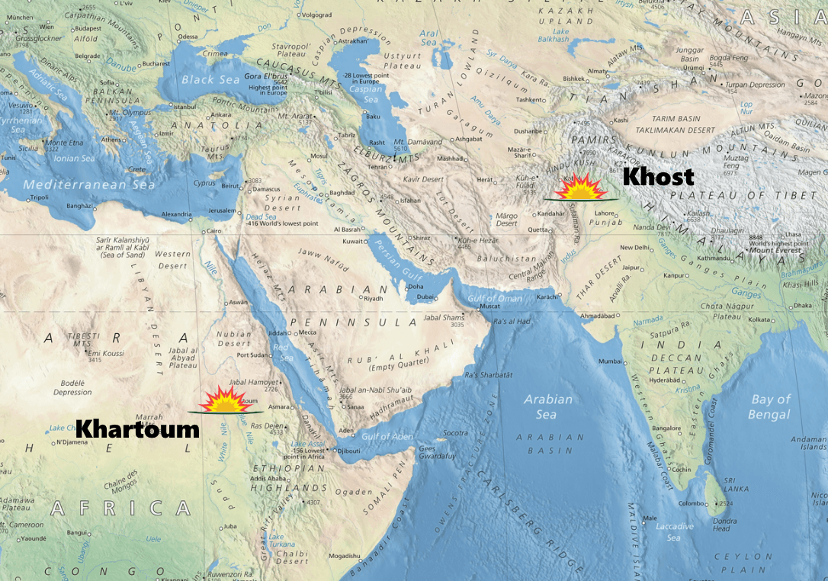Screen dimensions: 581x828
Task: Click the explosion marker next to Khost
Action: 575,187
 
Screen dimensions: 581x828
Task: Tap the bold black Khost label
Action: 659,177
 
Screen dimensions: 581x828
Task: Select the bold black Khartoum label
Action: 137,429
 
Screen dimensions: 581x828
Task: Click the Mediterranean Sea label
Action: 88,185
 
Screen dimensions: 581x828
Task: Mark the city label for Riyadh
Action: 373,299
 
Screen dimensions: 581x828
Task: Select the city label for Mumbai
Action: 607,361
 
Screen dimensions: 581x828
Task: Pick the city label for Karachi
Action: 548,296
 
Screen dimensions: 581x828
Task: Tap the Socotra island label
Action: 455,433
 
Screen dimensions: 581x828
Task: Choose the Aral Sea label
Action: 429,38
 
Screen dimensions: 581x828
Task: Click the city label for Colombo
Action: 693,503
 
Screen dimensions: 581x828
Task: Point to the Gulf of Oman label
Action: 495,298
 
